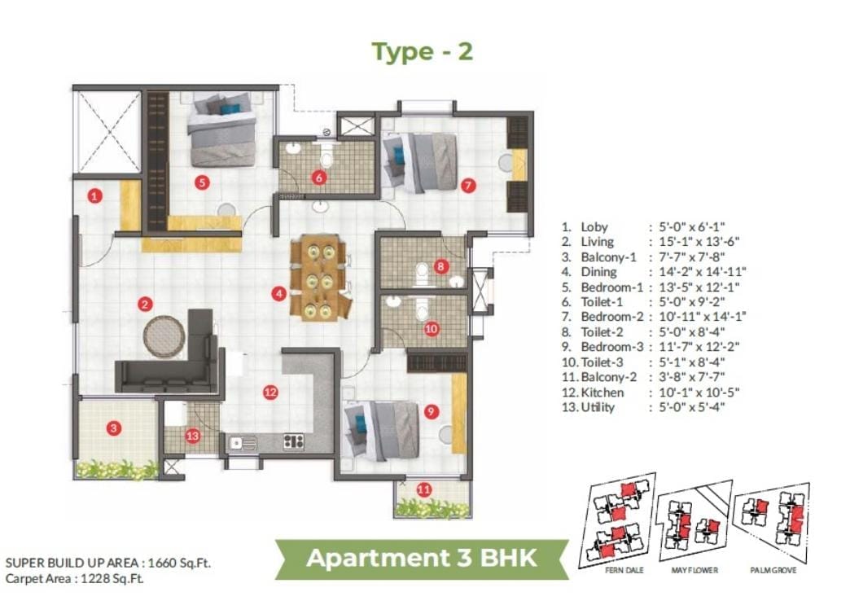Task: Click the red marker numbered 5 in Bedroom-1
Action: point(202,182)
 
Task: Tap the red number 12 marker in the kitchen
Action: point(270,392)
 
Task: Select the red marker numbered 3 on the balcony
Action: point(113,428)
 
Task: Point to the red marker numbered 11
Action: point(424,489)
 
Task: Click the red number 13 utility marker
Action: point(193,436)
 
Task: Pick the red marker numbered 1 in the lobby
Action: point(95,195)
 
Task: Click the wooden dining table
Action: point(318,278)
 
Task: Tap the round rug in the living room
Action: point(164,337)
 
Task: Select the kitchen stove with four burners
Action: point(294,442)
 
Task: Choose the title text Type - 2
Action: point(423,52)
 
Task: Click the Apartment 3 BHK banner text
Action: point(422,558)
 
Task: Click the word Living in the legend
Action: point(598,242)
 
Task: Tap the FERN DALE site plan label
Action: point(624,570)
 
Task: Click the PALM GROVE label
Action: point(773,570)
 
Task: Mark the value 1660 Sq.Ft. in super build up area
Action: point(179,563)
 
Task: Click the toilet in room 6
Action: point(326,158)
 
